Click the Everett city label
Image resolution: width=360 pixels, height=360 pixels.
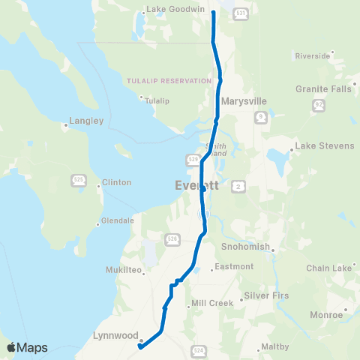click(196, 186)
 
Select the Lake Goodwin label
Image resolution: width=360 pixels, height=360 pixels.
click(175, 9)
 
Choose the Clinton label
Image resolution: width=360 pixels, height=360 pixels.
click(116, 182)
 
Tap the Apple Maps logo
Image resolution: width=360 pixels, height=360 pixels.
click(27, 347)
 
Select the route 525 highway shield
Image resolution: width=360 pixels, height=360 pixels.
click(79, 180)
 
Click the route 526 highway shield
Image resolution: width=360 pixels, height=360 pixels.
click(172, 239)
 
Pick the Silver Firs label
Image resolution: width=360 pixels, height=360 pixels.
click(268, 296)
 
